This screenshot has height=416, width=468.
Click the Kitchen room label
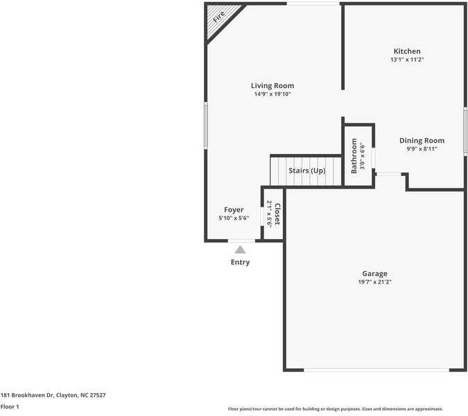(x=407, y=51)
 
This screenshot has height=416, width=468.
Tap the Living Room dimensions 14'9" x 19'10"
(x=272, y=94)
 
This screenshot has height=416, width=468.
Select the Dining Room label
(x=422, y=141)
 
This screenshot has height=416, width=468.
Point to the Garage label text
(x=374, y=273)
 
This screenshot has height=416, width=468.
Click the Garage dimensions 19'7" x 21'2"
(x=374, y=282)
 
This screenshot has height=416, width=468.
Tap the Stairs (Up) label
(x=306, y=171)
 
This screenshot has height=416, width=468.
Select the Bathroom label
(x=354, y=155)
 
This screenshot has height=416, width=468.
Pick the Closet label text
(x=277, y=214)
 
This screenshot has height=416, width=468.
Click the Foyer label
(x=234, y=209)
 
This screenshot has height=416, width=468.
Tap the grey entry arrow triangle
(x=240, y=249)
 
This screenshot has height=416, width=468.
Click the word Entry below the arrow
(x=240, y=262)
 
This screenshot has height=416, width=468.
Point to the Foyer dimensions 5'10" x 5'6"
(x=234, y=218)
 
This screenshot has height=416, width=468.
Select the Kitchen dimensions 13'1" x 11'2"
(x=407, y=60)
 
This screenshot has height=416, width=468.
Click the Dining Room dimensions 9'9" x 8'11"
(x=422, y=149)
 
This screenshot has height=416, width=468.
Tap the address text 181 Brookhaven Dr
(x=53, y=395)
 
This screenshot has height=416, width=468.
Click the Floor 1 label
(x=10, y=407)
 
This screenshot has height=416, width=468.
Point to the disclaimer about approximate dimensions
(x=335, y=409)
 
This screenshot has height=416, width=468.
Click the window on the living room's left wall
(x=205, y=125)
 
